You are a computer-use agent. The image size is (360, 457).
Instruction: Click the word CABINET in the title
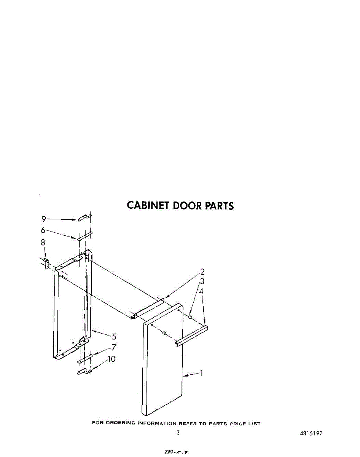[148, 206]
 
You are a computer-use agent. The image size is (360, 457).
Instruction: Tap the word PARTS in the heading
[220, 206]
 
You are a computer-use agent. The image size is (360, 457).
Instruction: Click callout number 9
[44, 219]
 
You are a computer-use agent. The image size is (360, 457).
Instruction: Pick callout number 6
[43, 230]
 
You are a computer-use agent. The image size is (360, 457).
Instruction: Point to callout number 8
[43, 242]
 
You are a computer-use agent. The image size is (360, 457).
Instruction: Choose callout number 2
[202, 272]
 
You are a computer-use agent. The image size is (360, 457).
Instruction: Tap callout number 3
[202, 281]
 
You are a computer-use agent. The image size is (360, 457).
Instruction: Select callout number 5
[114, 337]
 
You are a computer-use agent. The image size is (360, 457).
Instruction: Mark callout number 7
[114, 347]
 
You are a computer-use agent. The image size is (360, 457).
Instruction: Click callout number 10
[112, 359]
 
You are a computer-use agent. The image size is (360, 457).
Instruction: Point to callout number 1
[201, 374]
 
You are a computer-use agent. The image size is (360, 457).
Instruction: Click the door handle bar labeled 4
[191, 336]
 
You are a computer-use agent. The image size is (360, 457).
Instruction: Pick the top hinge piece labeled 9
[85, 218]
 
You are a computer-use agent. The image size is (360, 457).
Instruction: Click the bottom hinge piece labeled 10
[84, 371]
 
